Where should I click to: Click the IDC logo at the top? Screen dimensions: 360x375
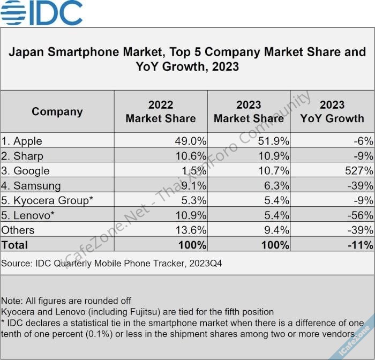point(42,13)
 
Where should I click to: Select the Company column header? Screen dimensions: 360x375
point(57,111)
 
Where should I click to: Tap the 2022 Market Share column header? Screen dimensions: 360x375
point(161,111)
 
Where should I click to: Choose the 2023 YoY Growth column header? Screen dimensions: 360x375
point(332,111)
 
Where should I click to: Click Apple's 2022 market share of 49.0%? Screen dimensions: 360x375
point(191,141)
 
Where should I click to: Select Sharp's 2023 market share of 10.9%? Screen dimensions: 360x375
point(274,156)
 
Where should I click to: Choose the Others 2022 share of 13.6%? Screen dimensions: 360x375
point(191,230)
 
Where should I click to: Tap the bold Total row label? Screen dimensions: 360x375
point(14,245)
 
